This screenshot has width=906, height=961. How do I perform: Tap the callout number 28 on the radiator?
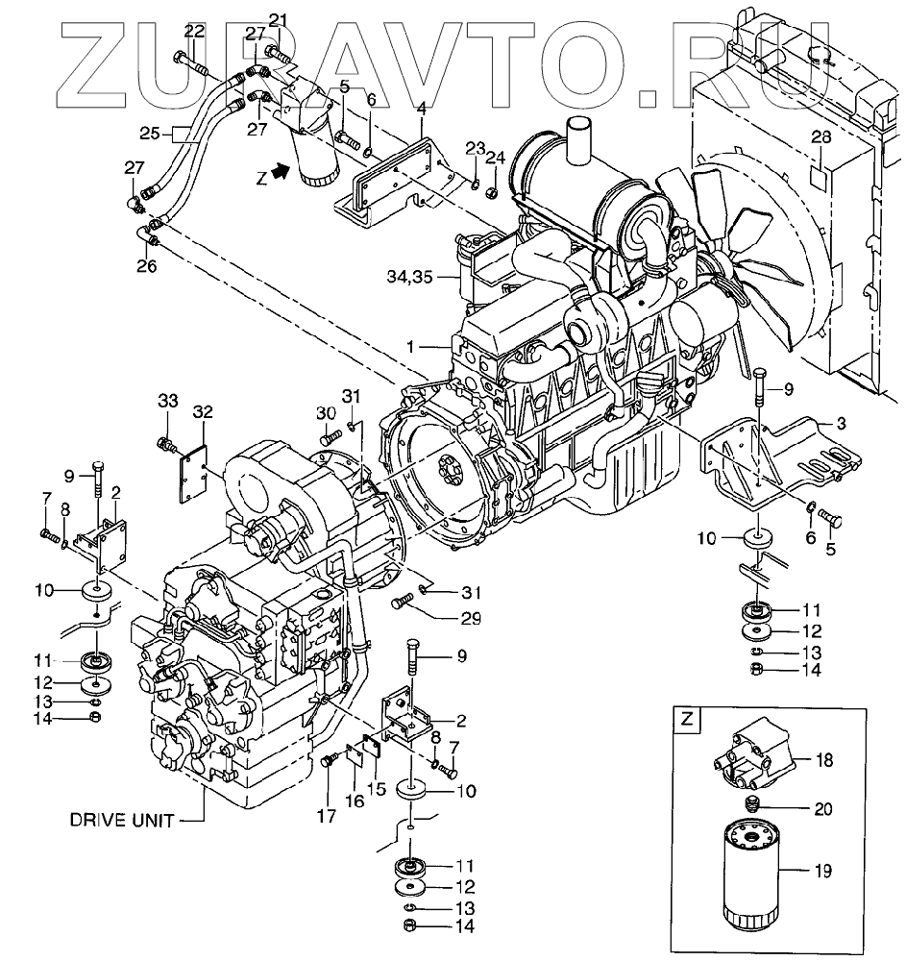click(x=820, y=138)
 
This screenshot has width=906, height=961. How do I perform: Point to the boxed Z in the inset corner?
click(x=686, y=718)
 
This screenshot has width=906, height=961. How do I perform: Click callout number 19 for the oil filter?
click(x=824, y=872)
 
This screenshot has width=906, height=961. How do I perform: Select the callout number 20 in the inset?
click(x=822, y=808)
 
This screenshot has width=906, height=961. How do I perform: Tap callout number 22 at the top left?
click(x=194, y=31)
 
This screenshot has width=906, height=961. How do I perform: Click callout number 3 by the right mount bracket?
click(x=840, y=423)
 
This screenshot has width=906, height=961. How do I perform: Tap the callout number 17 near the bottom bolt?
click(x=329, y=818)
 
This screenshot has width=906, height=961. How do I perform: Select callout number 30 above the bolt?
click(x=326, y=413)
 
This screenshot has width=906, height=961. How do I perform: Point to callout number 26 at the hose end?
click(x=145, y=266)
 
